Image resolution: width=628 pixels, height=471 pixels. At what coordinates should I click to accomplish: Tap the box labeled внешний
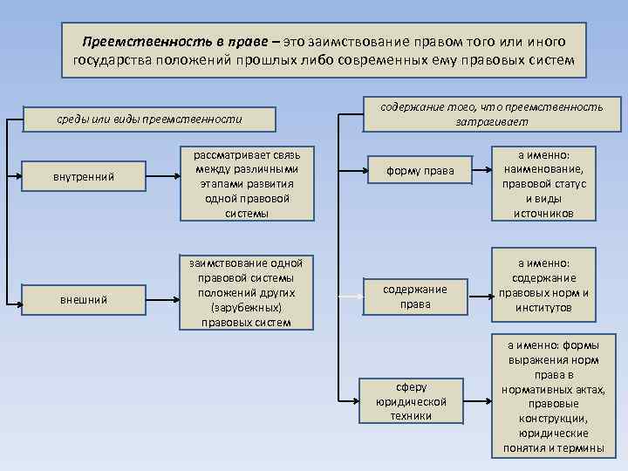click(x=84, y=299)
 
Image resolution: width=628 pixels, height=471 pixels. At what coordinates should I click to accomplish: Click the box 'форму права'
click(x=421, y=171)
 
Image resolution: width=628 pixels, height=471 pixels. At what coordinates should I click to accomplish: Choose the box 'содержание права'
click(x=415, y=297)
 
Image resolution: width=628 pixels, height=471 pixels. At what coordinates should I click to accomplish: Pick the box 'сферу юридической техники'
click(x=411, y=401)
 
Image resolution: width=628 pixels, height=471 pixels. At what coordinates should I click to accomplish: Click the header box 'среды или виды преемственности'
click(x=149, y=118)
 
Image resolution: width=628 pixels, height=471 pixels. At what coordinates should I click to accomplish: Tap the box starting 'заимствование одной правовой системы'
click(x=245, y=292)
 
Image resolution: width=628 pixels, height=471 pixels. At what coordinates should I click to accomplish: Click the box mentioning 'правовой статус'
click(x=543, y=182)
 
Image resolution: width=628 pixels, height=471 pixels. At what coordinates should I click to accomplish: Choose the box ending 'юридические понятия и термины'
click(x=553, y=397)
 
